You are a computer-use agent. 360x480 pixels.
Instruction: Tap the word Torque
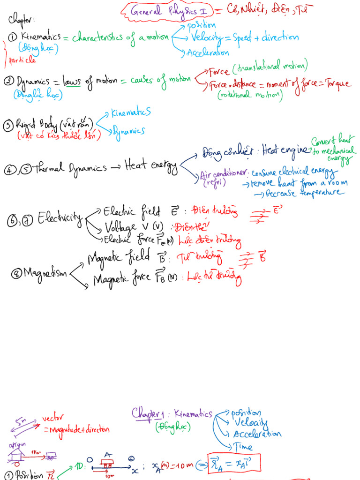(x=334, y=84)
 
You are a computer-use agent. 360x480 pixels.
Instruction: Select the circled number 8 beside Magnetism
(x=16, y=273)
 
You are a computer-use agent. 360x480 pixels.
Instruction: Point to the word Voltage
(x=121, y=227)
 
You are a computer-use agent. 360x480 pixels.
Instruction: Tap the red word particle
(x=22, y=60)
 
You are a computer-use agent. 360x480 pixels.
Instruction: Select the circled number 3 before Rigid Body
(x=8, y=125)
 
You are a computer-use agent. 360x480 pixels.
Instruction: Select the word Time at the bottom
(x=243, y=447)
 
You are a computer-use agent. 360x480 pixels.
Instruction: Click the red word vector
(x=52, y=418)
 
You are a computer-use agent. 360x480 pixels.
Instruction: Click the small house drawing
(x=16, y=454)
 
